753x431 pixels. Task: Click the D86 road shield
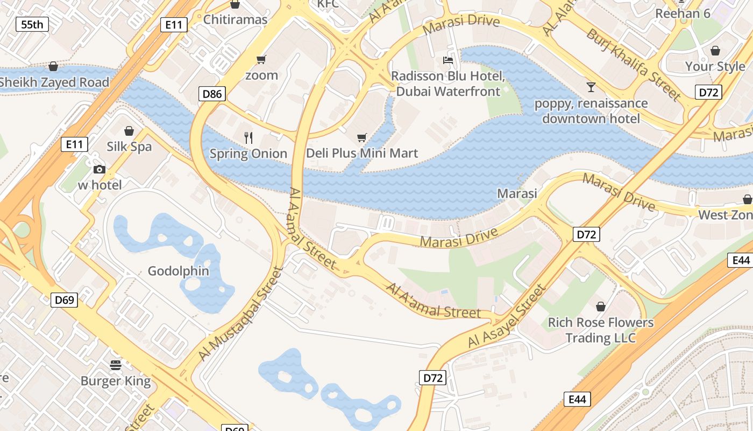tap(211, 94)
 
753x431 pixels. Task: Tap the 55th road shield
tap(32, 24)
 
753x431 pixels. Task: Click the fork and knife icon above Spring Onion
tap(248, 138)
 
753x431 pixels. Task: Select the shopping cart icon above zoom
tap(261, 59)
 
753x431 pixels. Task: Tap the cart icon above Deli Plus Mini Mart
tap(361, 138)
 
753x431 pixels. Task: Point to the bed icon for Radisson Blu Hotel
tap(448, 60)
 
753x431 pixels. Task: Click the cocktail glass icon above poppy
tap(591, 87)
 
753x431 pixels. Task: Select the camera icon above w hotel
tap(99, 170)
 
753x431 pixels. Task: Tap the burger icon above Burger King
tap(116, 365)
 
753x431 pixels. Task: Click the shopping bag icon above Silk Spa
tap(129, 131)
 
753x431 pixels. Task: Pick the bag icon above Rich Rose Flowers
tap(601, 307)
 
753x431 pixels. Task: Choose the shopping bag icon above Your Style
tap(715, 51)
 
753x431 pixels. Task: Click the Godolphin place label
tap(179, 270)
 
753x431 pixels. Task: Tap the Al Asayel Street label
tap(507, 316)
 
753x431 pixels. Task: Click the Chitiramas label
tap(235, 20)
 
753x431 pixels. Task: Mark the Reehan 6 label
tap(683, 13)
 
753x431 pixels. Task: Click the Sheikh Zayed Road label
tap(54, 82)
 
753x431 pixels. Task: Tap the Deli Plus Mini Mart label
tap(361, 154)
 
